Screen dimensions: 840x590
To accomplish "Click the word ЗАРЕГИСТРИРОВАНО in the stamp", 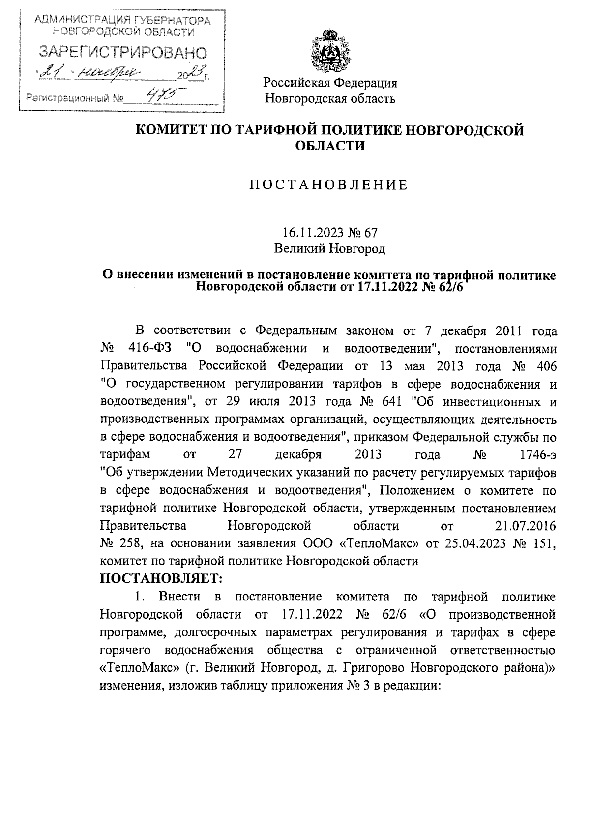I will coord(123,52).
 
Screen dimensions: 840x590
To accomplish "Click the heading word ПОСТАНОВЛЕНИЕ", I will coord(329,185).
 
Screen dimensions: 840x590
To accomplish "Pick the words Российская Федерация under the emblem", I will coord(330,83).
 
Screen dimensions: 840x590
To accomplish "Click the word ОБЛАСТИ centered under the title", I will coord(330,146).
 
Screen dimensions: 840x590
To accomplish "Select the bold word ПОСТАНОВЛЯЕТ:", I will coord(162,579).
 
